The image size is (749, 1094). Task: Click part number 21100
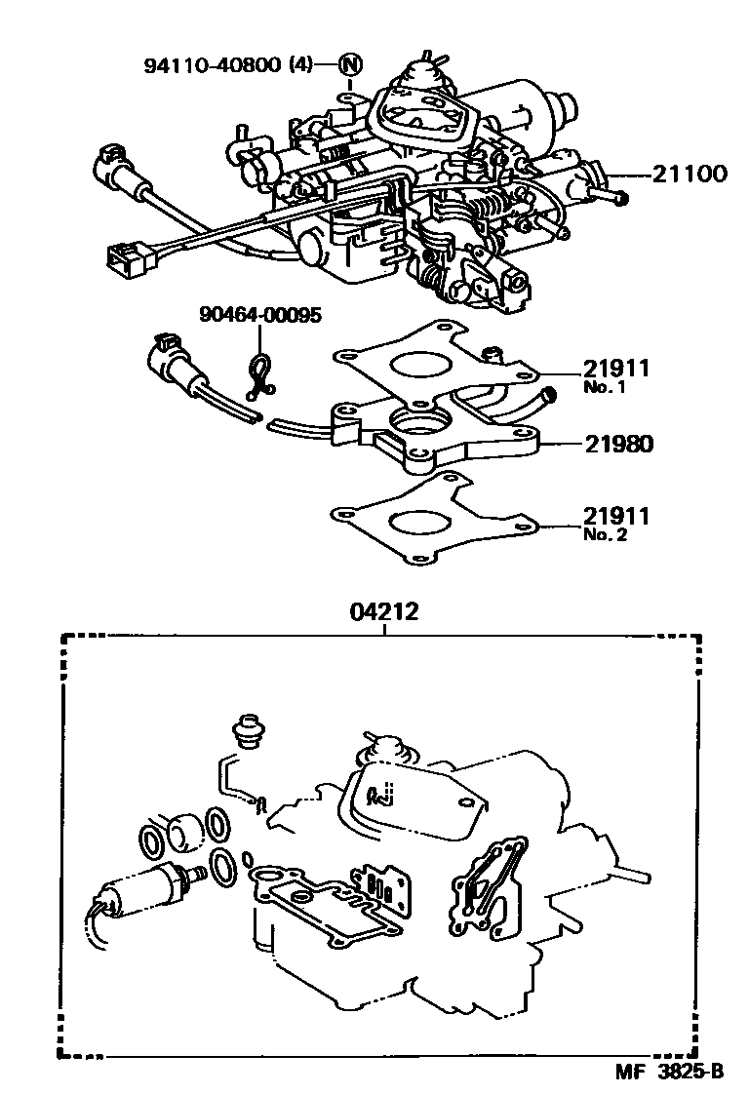690,176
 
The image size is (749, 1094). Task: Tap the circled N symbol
350,66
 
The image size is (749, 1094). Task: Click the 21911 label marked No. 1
616,369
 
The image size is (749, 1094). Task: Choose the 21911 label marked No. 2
616,515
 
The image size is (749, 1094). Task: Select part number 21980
619,445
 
